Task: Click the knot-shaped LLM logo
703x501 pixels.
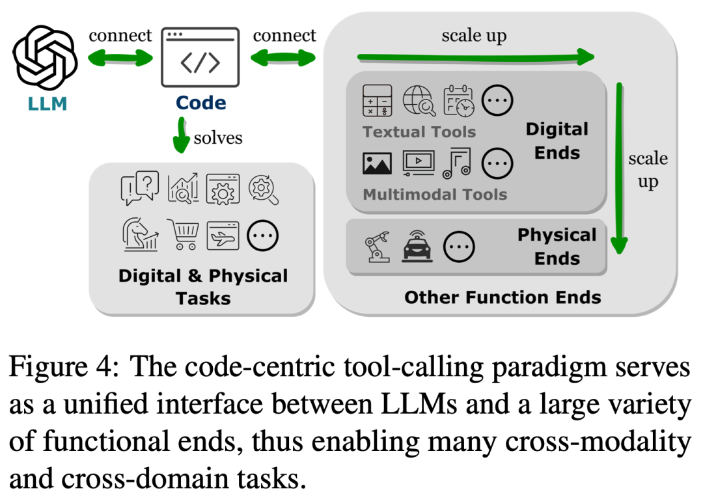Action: click(45, 57)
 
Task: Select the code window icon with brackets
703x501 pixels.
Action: click(200, 57)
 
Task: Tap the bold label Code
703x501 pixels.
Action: click(201, 103)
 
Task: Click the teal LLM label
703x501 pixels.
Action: click(47, 104)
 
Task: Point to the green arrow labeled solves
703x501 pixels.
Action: click(181, 135)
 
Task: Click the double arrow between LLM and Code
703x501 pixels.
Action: click(120, 58)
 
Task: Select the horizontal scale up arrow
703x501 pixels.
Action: click(476, 57)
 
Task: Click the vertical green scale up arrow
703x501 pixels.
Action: click(620, 168)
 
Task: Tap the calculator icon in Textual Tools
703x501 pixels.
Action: click(377, 100)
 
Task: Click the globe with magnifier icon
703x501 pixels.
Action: click(419, 101)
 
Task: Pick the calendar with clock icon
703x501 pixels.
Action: click(458, 101)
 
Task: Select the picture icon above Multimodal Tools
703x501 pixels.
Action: click(377, 163)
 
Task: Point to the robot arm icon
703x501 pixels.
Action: click(378, 247)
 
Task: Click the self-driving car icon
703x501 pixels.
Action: click(417, 246)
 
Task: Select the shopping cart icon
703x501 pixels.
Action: click(183, 234)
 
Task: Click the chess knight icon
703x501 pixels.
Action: click(141, 234)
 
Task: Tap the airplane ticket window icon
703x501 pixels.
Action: click(223, 236)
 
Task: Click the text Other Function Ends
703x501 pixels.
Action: click(503, 297)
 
